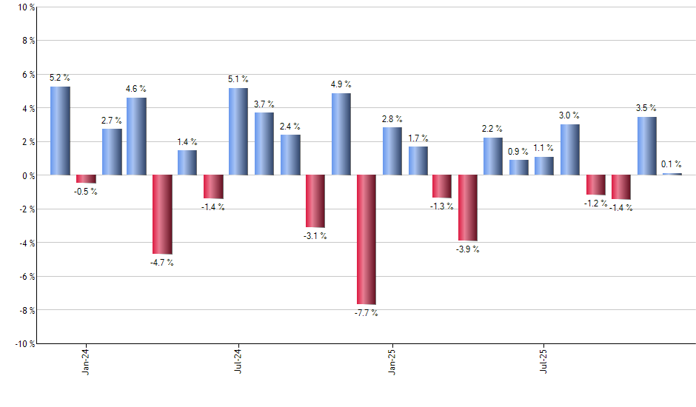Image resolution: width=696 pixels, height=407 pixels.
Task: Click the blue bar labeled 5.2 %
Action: pos(60,131)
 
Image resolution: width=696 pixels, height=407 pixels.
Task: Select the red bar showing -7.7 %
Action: pos(366,239)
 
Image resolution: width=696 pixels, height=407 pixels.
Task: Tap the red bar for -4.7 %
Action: pos(162,215)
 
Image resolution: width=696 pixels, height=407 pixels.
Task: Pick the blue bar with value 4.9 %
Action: pos(341,134)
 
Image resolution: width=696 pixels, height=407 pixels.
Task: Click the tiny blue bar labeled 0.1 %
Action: pos(672,174)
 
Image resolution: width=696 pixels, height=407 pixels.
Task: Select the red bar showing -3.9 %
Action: pos(467,208)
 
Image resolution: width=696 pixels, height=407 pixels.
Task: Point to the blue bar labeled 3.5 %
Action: pos(646,146)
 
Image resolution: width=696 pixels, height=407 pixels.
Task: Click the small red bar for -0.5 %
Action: pos(86,179)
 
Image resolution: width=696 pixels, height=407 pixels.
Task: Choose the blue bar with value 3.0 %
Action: pos(569,149)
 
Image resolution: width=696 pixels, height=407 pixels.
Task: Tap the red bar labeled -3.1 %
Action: pos(315,201)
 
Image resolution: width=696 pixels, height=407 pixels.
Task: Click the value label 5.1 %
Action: pos(238,79)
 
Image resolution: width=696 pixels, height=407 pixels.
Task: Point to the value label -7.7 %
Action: pos(366,313)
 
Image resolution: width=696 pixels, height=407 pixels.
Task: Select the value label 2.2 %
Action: pos(492,129)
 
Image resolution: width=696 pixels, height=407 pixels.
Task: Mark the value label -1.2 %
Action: pos(595,203)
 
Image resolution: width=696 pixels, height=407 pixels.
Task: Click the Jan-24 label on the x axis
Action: pos(87,360)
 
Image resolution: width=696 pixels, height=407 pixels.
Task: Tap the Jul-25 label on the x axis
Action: pos(544,360)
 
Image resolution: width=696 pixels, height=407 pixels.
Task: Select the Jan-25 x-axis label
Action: pos(392,360)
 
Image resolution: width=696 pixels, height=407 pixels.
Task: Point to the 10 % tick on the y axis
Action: pos(25,7)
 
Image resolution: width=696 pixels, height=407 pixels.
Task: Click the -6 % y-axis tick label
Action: pos(25,276)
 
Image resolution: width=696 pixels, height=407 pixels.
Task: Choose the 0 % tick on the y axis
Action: pos(27,175)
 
